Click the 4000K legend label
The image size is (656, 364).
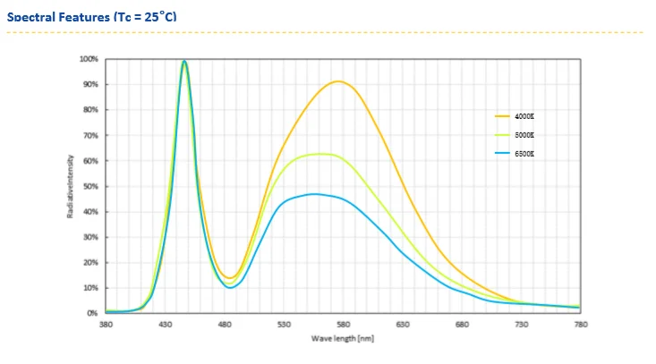point(524,116)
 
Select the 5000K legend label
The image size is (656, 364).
point(524,135)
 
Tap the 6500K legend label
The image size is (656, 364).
point(524,154)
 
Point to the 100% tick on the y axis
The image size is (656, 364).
point(89,59)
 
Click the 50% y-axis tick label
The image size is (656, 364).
point(91,186)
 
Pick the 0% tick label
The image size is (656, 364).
point(93,313)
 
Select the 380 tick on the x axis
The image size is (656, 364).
point(106,325)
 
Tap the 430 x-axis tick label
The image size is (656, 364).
point(166,325)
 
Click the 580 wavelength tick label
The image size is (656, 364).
point(344,325)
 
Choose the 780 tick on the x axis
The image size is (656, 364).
point(581,325)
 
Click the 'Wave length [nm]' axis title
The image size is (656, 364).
point(343,339)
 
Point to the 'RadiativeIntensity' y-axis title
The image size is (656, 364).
point(70,186)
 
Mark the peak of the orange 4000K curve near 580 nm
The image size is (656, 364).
point(337,81)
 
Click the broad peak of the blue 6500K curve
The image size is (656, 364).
point(313,193)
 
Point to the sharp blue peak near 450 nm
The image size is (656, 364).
point(184,61)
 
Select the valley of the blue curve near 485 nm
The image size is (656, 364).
point(230,287)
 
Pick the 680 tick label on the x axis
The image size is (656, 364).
point(462,325)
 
